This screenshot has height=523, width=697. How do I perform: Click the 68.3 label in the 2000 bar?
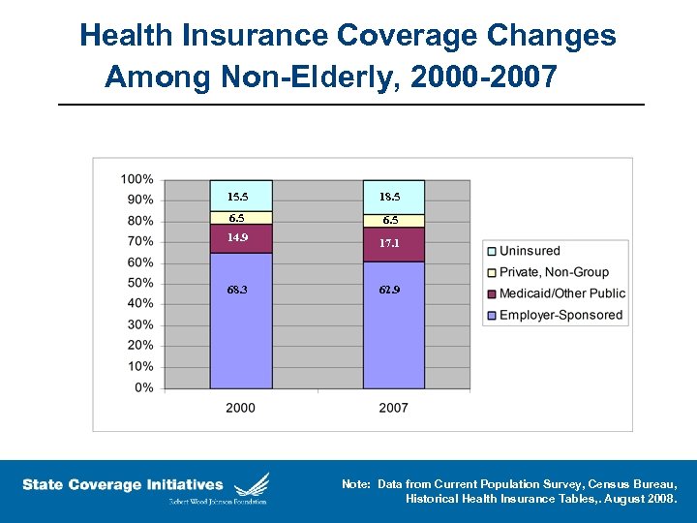click(x=236, y=290)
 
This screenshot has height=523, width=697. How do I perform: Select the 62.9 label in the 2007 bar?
click(x=389, y=290)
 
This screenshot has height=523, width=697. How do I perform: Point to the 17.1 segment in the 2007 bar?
click(x=389, y=243)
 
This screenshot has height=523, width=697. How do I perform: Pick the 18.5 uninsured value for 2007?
click(x=389, y=197)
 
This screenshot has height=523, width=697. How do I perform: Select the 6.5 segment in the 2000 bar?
click(x=236, y=219)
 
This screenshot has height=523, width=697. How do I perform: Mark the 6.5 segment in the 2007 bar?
click(x=389, y=221)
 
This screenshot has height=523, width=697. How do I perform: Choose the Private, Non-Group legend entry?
click(x=554, y=272)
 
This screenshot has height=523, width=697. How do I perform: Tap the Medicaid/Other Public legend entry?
click(x=561, y=293)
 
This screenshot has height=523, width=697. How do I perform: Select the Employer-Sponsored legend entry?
click(x=561, y=315)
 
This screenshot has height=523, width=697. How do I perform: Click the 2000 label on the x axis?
click(x=240, y=408)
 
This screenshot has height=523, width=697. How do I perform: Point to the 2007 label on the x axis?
click(x=393, y=408)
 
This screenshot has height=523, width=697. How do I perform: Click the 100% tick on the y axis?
click(x=136, y=179)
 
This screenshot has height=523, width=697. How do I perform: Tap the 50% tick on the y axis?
click(x=139, y=283)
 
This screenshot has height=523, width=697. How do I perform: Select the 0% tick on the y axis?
click(x=143, y=387)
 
